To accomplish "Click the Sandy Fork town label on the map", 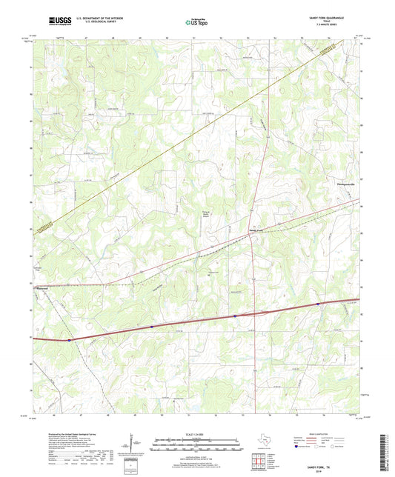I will coord(255,231).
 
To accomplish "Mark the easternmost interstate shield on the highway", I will coord(318,304).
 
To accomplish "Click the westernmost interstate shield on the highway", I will coord(70,341).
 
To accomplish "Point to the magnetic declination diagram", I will coord(135,445).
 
